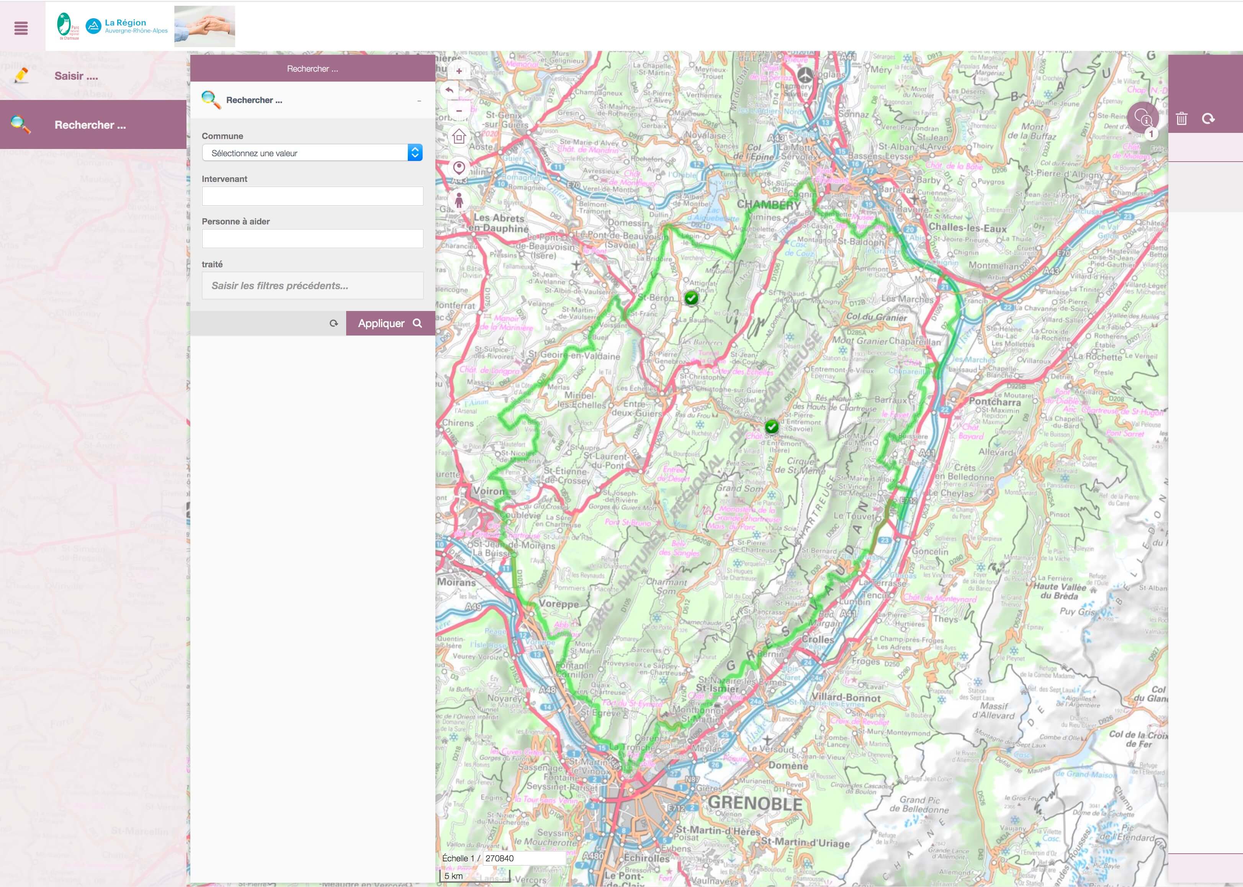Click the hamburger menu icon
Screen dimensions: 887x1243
[21, 28]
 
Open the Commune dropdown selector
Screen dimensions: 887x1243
[312, 153]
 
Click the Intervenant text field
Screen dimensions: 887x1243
[312, 196]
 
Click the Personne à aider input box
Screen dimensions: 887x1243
[312, 239]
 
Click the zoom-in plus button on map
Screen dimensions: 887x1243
[459, 71]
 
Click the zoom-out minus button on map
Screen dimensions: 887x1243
[459, 111]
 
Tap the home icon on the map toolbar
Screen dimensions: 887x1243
[459, 137]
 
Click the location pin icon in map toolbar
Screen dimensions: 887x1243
[459, 168]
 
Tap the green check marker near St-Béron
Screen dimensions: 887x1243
[692, 298]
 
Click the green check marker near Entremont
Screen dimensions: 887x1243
[771, 427]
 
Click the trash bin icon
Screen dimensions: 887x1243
[1181, 118]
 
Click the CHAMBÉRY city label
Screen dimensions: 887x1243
[769, 205]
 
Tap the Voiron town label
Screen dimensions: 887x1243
[488, 491]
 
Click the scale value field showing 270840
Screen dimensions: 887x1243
[523, 858]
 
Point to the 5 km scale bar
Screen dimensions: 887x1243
[474, 876]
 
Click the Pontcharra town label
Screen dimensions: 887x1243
[994, 401]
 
